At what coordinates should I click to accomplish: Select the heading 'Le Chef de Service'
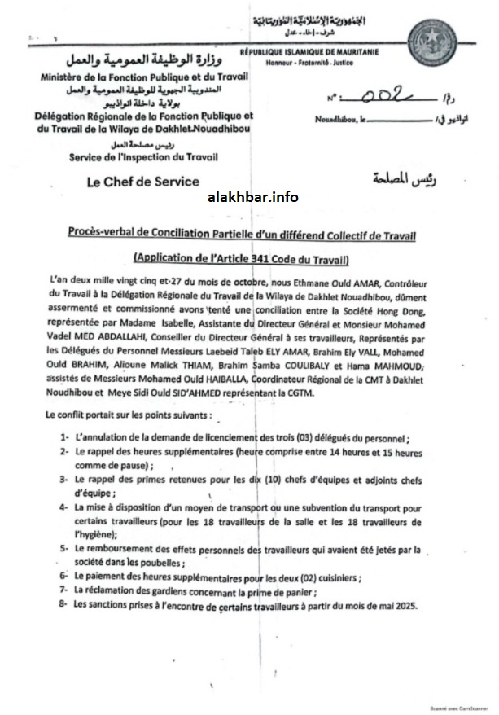click(142, 182)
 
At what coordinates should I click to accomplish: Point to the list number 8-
click(63, 605)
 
